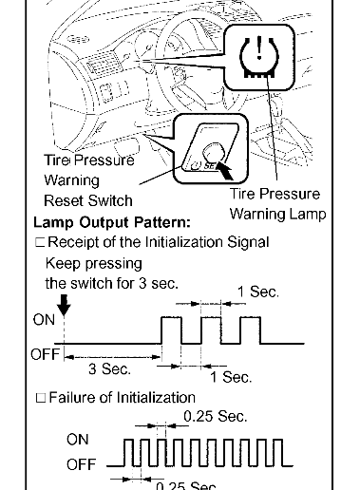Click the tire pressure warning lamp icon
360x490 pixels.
click(x=259, y=56)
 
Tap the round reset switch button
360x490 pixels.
click(x=215, y=152)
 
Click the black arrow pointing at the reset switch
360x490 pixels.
click(x=225, y=170)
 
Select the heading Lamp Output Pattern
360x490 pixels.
click(x=112, y=222)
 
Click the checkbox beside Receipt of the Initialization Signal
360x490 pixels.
click(x=40, y=242)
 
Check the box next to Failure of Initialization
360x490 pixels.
click(x=41, y=398)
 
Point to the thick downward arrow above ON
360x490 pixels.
click(x=64, y=305)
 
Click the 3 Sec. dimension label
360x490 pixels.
click(x=109, y=368)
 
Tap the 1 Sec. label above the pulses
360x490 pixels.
click(x=258, y=292)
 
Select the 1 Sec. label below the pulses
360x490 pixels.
click(x=231, y=377)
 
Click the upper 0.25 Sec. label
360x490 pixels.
click(x=216, y=416)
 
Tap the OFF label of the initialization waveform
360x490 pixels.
click(x=45, y=354)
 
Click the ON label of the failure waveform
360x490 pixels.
click(x=77, y=440)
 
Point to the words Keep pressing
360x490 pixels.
click(x=94, y=264)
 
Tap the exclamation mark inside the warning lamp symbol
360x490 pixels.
click(x=259, y=47)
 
